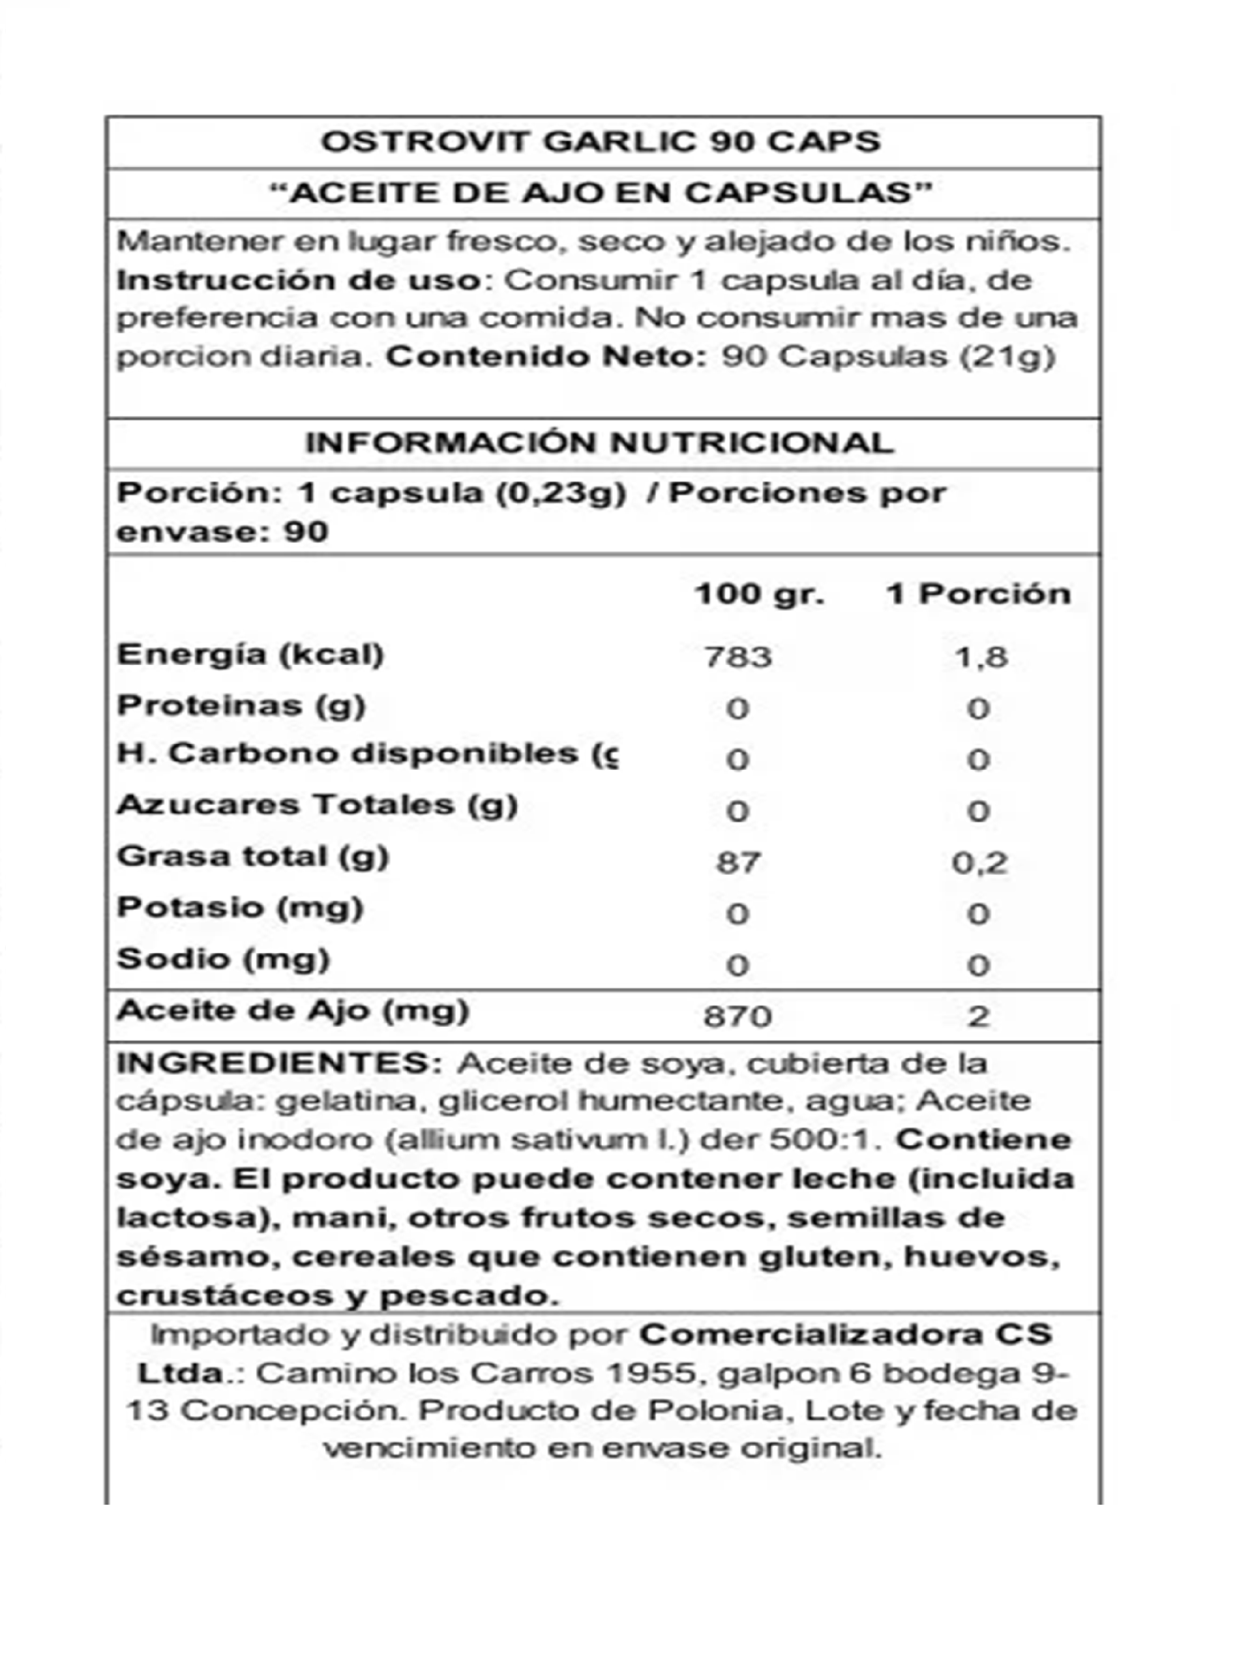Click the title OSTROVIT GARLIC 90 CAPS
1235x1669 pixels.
pyautogui.click(x=601, y=142)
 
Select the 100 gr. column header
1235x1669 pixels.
pyautogui.click(x=760, y=595)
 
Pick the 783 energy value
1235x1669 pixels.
pyautogui.click(x=738, y=657)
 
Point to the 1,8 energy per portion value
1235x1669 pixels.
pyautogui.click(x=981, y=657)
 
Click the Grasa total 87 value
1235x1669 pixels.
pyautogui.click(x=738, y=863)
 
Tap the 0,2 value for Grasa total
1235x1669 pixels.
pyautogui.click(x=979, y=863)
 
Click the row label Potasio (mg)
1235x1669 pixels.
pyautogui.click(x=240, y=908)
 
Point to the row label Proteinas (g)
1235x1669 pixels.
pyautogui.click(x=241, y=705)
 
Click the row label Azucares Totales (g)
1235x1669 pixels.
pyautogui.click(x=317, y=805)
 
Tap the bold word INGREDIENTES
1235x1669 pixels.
pyautogui.click(x=280, y=1063)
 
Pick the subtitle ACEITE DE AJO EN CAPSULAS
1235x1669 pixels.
pyautogui.click(x=601, y=193)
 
